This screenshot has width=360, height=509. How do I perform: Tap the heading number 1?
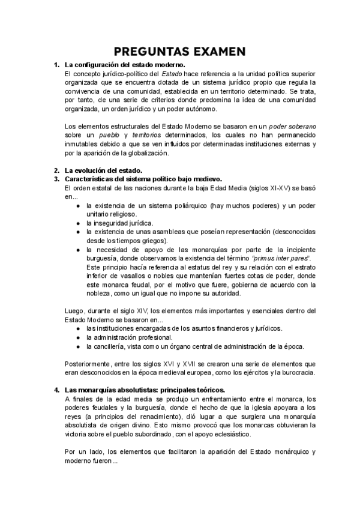click(x=56, y=64)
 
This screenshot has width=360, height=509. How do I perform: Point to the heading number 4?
click(x=56, y=390)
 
